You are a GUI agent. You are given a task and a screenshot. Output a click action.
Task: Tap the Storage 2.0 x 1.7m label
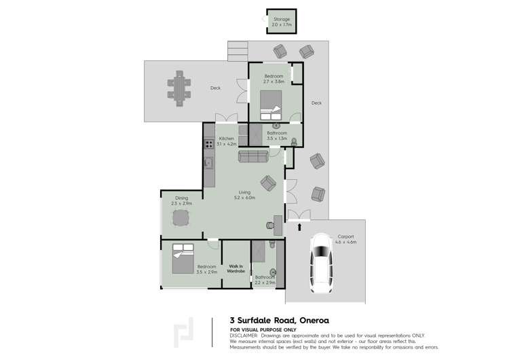281,22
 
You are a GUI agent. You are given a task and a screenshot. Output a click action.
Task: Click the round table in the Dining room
181,218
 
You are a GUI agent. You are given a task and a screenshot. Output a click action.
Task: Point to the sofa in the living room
253,156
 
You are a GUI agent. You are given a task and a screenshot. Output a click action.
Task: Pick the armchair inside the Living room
269,182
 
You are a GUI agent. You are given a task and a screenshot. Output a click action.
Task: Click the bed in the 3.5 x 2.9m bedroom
182,257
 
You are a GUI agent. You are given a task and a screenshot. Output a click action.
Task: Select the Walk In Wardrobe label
235,268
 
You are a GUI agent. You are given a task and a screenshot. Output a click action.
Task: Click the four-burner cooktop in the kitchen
208,143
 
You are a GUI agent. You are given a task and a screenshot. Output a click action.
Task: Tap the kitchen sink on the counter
208,163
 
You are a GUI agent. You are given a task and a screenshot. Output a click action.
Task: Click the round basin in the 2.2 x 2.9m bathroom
273,272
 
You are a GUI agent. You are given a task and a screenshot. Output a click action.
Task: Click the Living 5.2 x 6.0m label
244,195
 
